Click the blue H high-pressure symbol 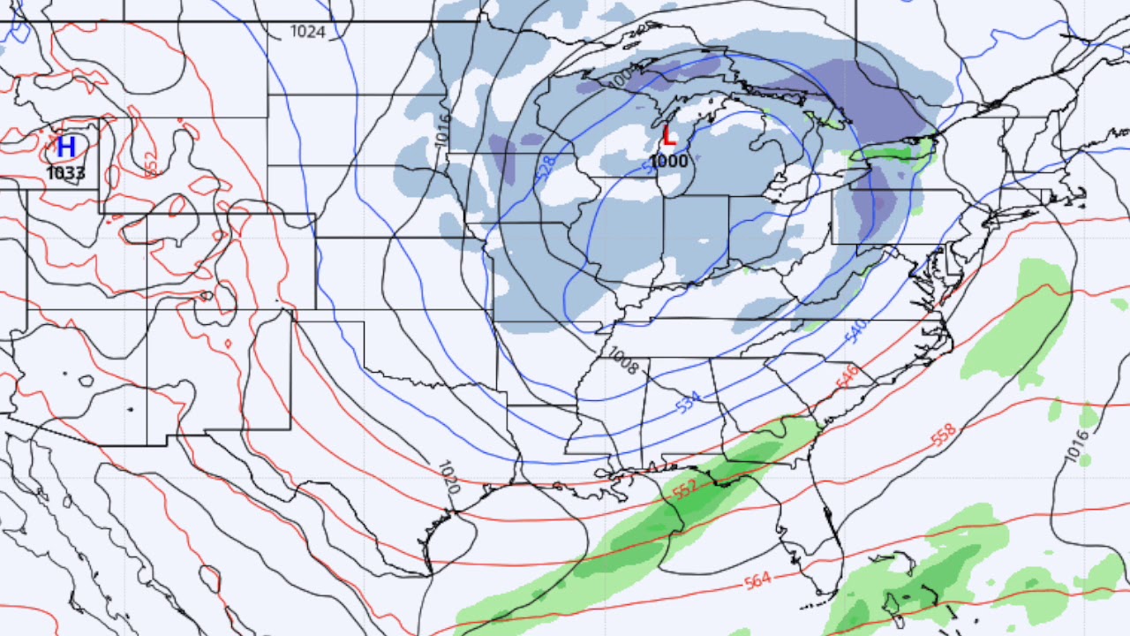point(65,147)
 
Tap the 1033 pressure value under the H point(65,172)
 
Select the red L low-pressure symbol point(668,137)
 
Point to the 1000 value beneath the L point(668,161)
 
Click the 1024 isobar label point(308,32)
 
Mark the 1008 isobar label point(622,360)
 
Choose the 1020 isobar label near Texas point(449,477)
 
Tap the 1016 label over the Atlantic point(1077,446)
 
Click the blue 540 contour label point(855,330)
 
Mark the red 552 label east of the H point(150,163)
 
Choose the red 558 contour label point(943,435)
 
